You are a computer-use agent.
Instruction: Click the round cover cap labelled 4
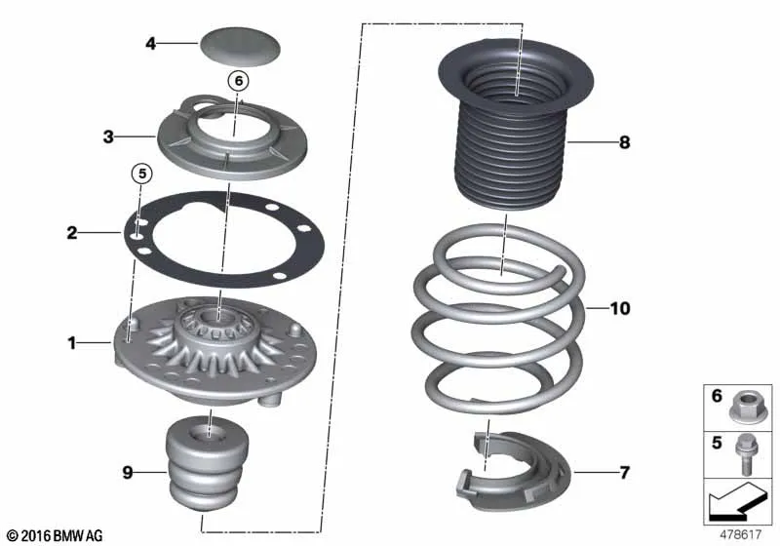[240, 47]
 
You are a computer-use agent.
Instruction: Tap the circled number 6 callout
[239, 81]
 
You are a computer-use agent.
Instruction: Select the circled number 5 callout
[142, 174]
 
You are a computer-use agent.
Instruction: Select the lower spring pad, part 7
[514, 471]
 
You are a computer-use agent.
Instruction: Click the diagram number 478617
[741, 534]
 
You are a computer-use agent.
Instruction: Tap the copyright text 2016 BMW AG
[56, 535]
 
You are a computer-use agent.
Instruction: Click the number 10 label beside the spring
[620, 308]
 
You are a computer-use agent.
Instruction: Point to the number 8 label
[624, 142]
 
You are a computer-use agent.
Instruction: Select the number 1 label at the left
[72, 342]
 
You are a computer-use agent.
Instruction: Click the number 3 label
[108, 136]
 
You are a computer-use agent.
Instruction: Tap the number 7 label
[625, 472]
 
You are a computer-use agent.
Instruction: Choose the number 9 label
[128, 472]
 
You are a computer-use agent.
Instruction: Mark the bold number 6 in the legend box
[717, 395]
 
